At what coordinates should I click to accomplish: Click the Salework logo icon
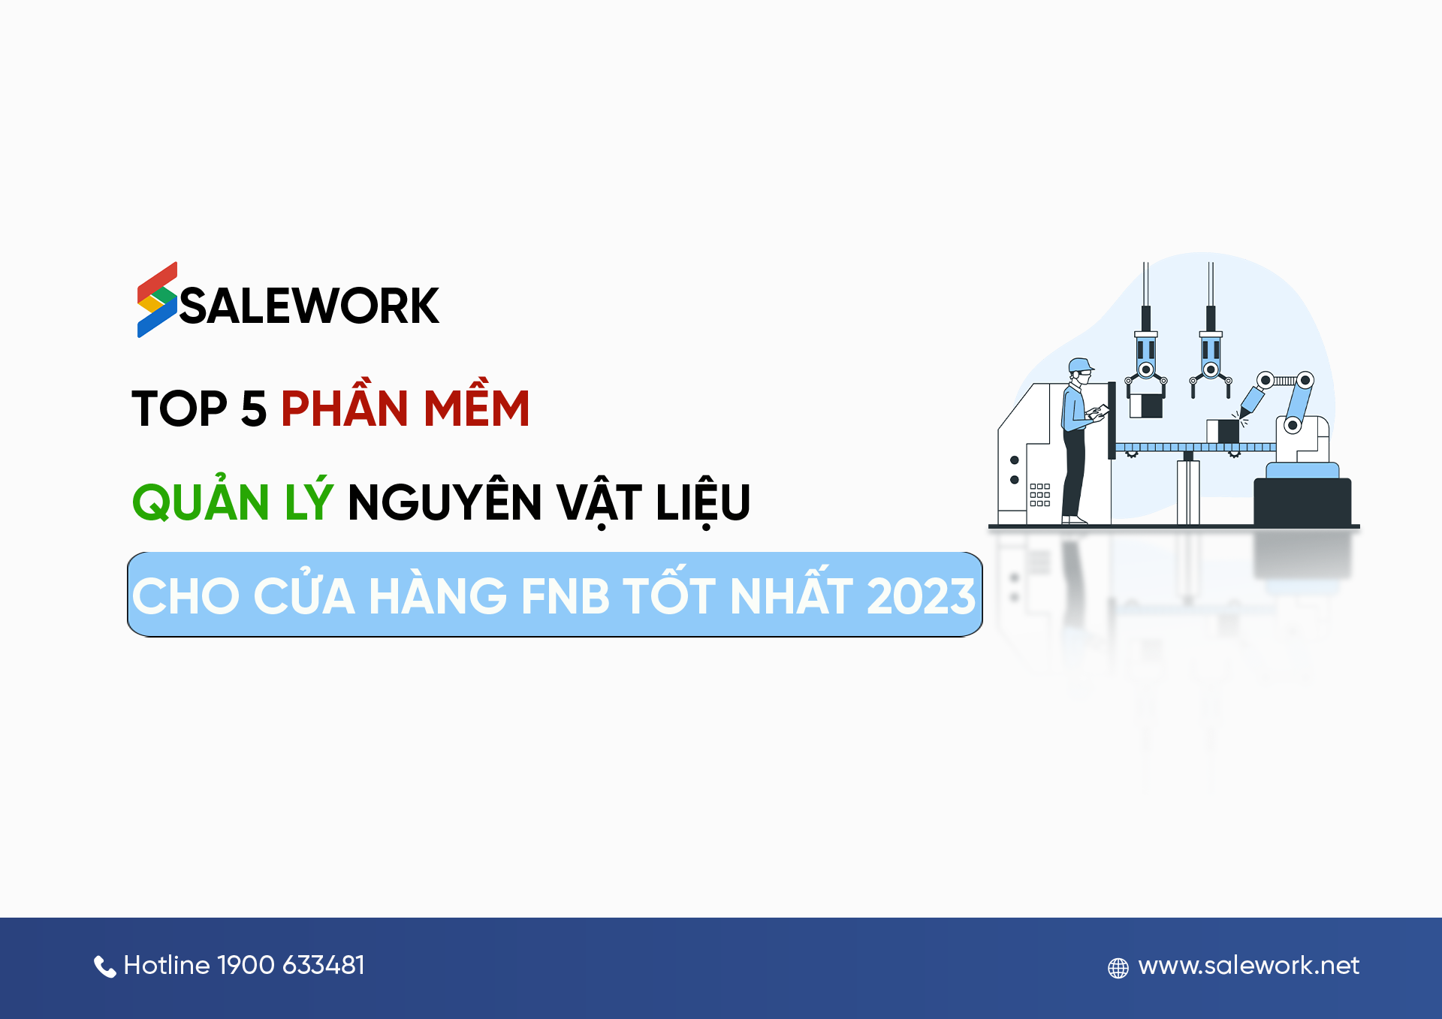(157, 300)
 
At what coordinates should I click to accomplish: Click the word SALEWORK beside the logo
(309, 306)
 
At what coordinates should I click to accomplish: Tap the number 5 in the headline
(254, 409)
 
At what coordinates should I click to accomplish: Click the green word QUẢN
(201, 501)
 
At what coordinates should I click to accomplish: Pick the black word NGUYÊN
(445, 501)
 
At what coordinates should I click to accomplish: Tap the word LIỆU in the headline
(703, 502)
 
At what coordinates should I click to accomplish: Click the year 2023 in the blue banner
(921, 596)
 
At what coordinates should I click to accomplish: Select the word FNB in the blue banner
(565, 596)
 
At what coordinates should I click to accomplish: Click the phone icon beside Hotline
(104, 966)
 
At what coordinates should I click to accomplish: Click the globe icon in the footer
(1118, 968)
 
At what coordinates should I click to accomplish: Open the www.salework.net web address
(1248, 966)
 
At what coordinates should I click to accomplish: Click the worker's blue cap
(1080, 366)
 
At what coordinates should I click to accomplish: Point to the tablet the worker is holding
(1098, 412)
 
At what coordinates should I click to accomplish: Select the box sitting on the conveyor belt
(1223, 431)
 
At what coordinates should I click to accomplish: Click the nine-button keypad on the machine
(1039, 495)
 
